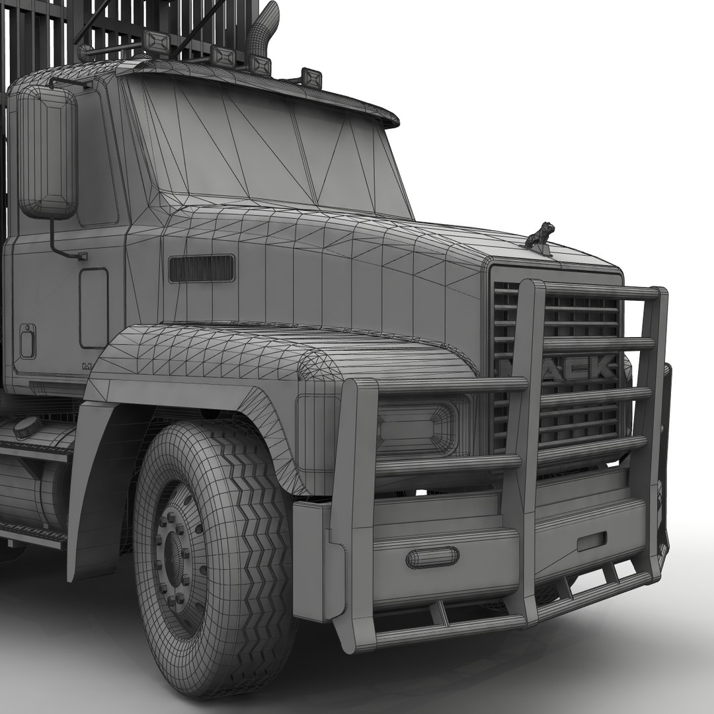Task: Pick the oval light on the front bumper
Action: coord(432,557)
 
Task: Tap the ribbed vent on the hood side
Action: coord(202,268)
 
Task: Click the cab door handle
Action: coord(28,341)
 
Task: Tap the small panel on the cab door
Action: coord(93,307)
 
